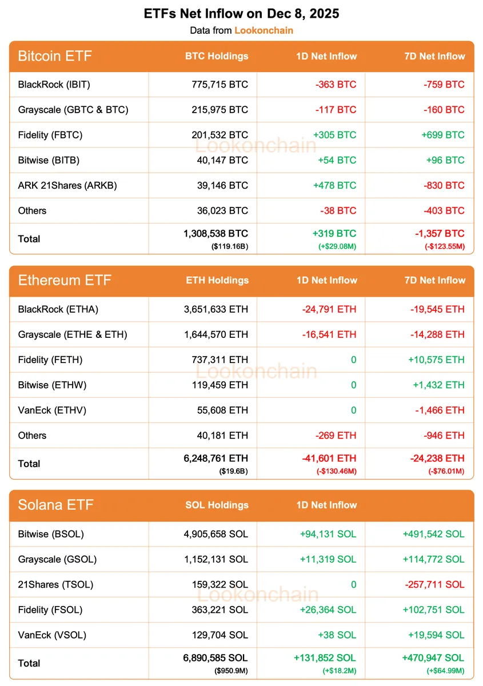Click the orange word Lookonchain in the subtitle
click(264, 30)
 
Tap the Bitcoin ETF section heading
click(55, 56)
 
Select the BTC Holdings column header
click(217, 56)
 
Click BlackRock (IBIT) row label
click(54, 85)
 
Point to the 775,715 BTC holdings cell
click(219, 85)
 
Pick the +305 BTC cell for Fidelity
click(334, 135)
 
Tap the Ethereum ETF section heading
click(65, 281)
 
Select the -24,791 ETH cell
click(329, 309)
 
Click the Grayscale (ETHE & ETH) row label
click(73, 334)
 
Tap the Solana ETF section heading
click(55, 505)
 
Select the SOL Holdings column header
click(217, 505)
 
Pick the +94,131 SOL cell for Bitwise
click(328, 534)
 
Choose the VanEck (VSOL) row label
click(52, 635)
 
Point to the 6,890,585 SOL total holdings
click(213, 658)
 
